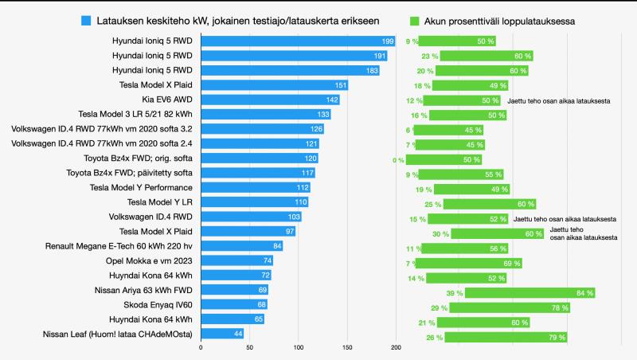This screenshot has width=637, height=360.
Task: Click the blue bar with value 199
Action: pos(298,41)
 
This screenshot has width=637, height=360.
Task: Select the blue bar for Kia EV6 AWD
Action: pos(270,100)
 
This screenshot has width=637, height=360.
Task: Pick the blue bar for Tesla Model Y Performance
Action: pos(255,188)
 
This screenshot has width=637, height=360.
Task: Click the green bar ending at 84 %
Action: pos(530,293)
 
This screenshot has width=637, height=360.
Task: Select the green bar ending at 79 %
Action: pos(506,337)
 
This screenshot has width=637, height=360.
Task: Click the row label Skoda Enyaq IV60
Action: pos(158,304)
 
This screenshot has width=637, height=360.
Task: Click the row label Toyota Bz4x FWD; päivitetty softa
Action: pos(135,173)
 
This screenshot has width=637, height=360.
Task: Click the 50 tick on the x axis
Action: pos(249,347)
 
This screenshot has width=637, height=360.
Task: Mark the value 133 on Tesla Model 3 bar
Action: pos(323,115)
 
